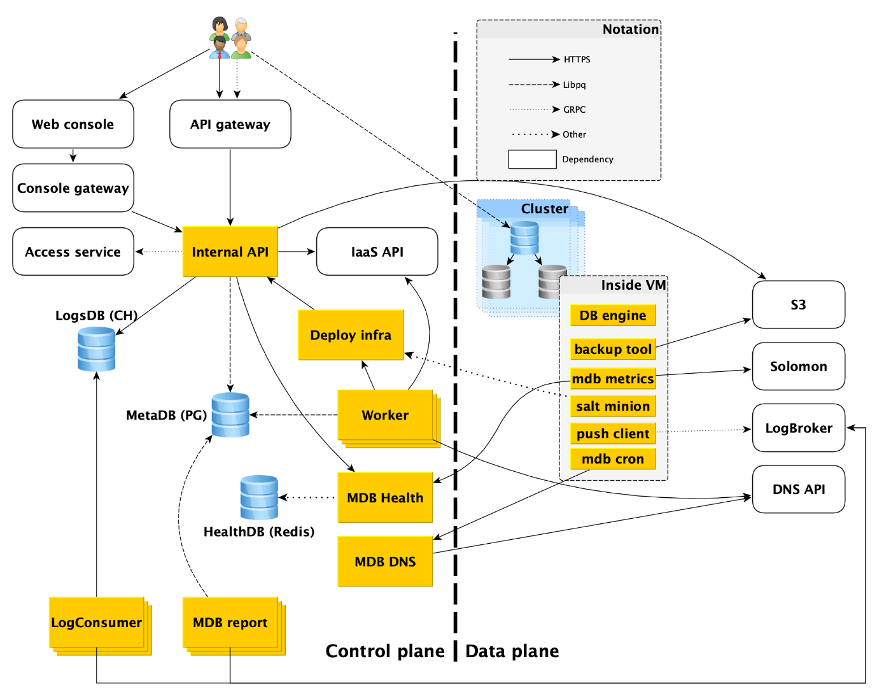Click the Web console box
[73, 124]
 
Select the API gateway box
[230, 124]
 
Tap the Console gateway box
[73, 188]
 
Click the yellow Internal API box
[230, 251]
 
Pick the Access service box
[73, 251]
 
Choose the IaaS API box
[377, 251]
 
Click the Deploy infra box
[351, 335]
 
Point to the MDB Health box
[385, 497]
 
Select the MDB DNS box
[385, 561]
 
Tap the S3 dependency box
[799, 304]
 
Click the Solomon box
[799, 366]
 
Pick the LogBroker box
[799, 428]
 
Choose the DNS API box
[799, 489]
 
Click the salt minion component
[613, 406]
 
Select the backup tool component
[613, 349]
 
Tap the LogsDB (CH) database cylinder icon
[97, 349]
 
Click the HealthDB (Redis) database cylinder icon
[259, 497]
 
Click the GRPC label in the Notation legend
[574, 110]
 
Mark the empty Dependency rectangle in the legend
[532, 159]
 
